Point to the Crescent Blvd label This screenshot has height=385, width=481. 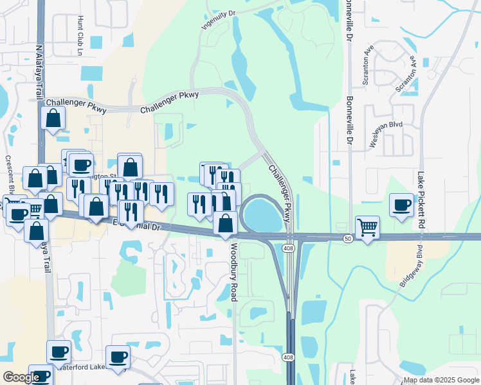coord(10,173)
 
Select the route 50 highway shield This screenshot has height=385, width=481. coord(348,238)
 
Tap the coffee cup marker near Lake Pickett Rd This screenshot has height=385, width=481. coord(402,205)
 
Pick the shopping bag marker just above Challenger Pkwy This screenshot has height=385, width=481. coord(53,117)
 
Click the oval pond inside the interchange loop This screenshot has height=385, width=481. coord(264,215)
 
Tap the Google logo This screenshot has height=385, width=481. coord(21,377)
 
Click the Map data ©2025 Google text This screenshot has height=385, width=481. coord(441,380)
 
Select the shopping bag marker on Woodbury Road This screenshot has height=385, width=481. coord(225,223)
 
